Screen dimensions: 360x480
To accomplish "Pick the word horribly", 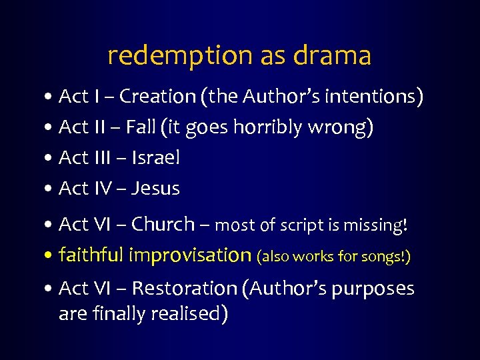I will [270, 127].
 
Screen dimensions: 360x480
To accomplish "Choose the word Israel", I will [156, 158].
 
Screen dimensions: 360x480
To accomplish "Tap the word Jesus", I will [156, 189].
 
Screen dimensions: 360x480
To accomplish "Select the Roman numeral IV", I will [100, 189].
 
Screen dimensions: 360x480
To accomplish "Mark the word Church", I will [163, 225].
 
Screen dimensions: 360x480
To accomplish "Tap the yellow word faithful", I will [91, 255].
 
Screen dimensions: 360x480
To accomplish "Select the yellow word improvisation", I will [189, 255].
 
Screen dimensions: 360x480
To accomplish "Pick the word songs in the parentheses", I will [385, 257].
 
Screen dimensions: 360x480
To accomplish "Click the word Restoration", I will [185, 289].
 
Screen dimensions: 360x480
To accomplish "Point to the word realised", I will [189, 313].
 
